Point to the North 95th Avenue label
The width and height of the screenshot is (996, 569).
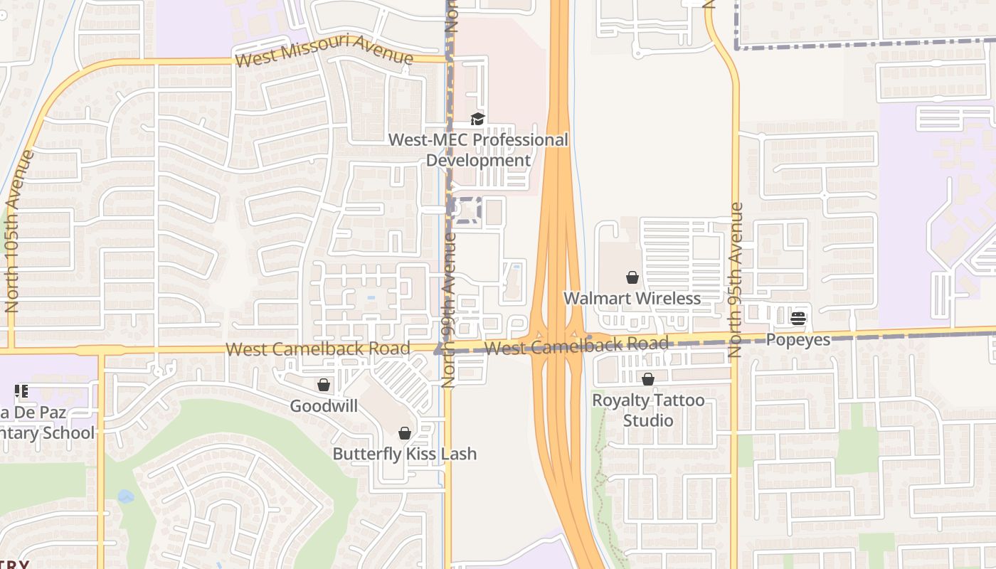[x=736, y=280]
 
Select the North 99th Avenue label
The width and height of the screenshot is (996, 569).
[x=448, y=309]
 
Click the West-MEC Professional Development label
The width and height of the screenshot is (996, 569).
[x=478, y=150]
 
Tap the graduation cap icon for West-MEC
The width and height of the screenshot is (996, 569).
[x=477, y=119]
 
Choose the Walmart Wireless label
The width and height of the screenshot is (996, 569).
[x=632, y=298]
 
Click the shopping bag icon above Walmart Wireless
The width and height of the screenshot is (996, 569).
[x=632, y=277]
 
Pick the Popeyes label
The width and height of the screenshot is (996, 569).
[x=798, y=340]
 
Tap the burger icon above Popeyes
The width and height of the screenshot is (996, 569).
[x=798, y=319]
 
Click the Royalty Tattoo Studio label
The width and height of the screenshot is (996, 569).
[x=648, y=410]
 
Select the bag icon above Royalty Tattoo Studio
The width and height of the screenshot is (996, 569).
[x=648, y=380]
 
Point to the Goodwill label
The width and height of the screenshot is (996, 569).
[x=324, y=406]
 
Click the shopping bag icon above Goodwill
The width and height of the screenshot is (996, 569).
[x=324, y=385]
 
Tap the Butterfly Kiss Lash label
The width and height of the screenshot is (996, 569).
[x=404, y=454]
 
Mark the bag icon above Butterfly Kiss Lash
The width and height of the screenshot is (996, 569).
[x=404, y=433]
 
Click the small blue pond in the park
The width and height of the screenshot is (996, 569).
[x=126, y=496]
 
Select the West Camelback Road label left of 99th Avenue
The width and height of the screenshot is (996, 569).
[x=318, y=349]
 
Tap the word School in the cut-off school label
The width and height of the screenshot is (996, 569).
[x=69, y=433]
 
